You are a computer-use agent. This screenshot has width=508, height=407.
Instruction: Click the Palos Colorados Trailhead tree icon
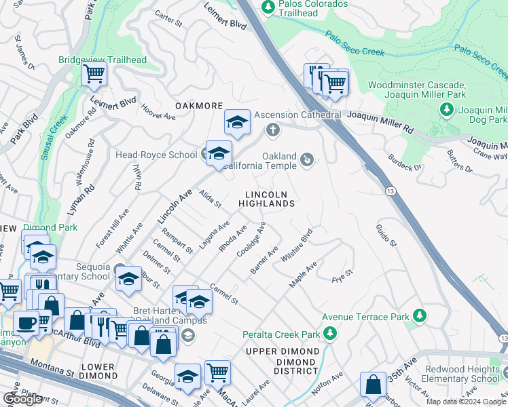pos(268,6)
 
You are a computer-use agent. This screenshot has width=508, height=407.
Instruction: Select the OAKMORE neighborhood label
pos(199,106)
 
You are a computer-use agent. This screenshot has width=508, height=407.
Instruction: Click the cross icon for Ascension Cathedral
pos(272,129)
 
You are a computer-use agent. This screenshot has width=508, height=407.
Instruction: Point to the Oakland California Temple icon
pos(308,160)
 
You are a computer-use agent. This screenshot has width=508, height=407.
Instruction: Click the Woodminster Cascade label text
pos(417,85)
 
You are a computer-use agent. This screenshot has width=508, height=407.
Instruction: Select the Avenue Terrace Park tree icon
pos(420,316)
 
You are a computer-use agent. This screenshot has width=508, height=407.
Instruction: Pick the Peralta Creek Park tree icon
pos(330,334)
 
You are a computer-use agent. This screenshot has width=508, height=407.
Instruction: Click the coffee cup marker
pos(26,322)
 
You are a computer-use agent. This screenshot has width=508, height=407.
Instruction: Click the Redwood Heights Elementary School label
pos(462,374)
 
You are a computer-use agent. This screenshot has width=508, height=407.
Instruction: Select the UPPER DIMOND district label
pos(282,351)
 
